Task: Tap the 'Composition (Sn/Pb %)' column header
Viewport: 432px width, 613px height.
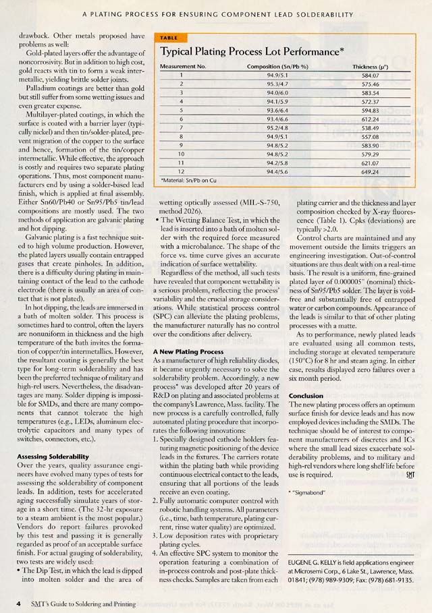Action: (277, 68)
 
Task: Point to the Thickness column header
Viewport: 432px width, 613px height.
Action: (371, 68)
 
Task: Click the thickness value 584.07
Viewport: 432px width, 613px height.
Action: (371, 76)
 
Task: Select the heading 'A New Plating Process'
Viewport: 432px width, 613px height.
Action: (188, 351)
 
